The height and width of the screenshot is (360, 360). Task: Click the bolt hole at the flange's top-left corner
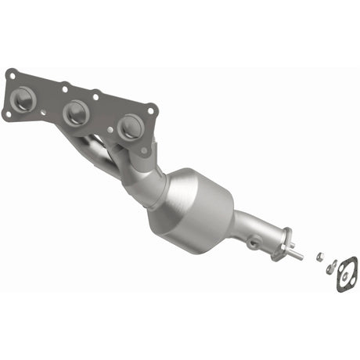[10, 74]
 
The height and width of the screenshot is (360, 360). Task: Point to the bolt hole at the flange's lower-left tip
[7, 114]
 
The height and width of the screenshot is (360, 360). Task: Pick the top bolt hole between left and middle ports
[63, 88]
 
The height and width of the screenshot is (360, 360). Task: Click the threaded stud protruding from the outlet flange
[296, 255]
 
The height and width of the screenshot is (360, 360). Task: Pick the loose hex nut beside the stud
[320, 255]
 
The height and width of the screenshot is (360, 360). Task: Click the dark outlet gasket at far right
[346, 275]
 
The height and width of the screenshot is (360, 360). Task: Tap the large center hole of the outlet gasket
[345, 275]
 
